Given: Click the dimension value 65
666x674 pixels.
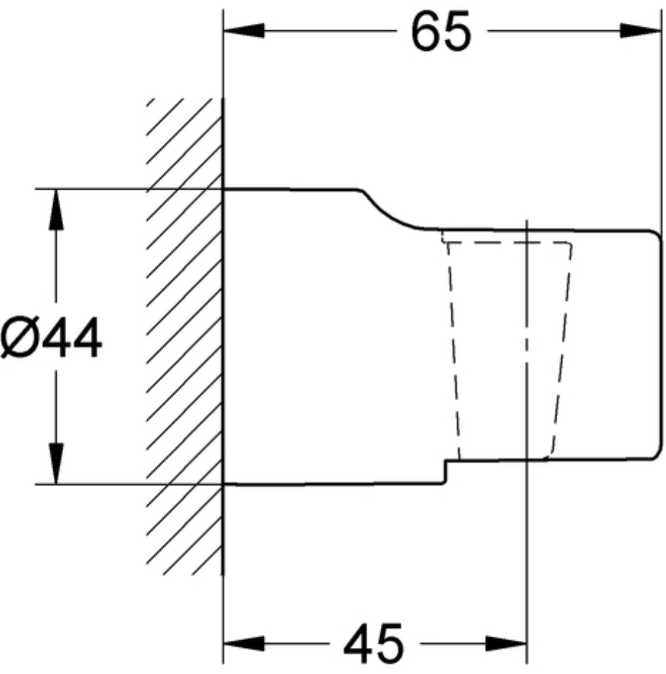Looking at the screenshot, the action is (441, 32).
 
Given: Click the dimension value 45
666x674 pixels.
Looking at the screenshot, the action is (374, 644).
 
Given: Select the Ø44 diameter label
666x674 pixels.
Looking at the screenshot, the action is (51, 337).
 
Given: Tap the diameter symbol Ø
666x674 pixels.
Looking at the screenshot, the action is (20, 337).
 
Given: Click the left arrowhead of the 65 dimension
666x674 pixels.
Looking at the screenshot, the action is (244, 31).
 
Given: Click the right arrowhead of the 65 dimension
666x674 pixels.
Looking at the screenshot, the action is (640, 31).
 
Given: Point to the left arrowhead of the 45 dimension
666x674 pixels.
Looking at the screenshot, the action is (244, 644).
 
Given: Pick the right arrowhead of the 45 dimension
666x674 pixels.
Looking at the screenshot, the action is (507, 644).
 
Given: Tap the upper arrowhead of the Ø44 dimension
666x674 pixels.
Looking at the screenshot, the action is (56, 209).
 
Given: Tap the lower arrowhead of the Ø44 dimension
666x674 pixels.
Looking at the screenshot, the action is (56, 463).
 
